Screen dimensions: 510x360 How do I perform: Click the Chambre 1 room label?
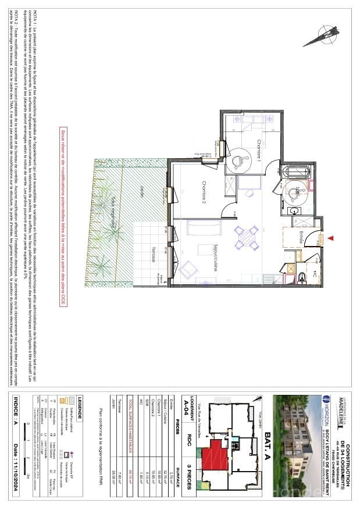tap(259, 151)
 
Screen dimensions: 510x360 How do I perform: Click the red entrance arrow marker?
tap(333, 238)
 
